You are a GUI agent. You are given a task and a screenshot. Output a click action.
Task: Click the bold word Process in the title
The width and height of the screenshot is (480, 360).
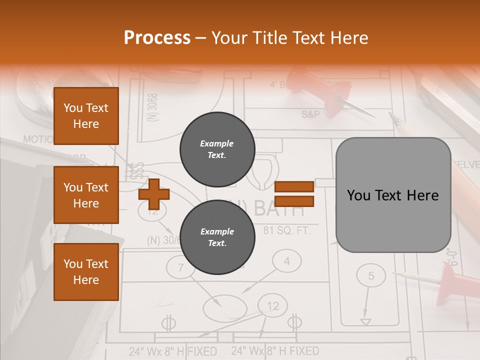157,37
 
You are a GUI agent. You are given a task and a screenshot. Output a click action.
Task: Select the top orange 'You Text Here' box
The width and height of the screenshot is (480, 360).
86,116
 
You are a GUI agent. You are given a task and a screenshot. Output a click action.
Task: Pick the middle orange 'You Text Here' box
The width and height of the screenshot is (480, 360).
86,195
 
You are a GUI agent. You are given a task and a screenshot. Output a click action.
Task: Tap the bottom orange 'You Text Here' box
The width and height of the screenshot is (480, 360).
86,272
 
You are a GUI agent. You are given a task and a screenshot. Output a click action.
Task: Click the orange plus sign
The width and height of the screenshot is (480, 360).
154,194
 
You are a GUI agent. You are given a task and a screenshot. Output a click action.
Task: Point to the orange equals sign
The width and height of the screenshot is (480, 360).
294,193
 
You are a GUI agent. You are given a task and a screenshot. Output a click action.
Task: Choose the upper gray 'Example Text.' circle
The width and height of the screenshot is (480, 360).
217,149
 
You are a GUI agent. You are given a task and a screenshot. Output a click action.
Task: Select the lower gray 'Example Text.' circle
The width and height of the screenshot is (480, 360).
217,237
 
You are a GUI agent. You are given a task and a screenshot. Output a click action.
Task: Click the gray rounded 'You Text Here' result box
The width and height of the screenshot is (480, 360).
393,195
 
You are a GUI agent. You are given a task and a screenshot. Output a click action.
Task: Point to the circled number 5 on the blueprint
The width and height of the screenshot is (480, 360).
370,275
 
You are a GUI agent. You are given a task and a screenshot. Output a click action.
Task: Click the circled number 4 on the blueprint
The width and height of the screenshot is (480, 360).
286,261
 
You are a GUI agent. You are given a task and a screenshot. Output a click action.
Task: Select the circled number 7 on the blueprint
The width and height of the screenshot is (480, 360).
180,268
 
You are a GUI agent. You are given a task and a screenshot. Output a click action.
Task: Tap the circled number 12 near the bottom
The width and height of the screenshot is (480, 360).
273,306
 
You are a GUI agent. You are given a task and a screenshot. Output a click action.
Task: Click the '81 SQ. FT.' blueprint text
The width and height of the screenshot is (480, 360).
287,231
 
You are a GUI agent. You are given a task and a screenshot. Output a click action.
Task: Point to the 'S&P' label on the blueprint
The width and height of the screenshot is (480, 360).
310,114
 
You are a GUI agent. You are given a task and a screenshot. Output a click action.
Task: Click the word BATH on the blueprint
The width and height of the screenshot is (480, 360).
279,208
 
